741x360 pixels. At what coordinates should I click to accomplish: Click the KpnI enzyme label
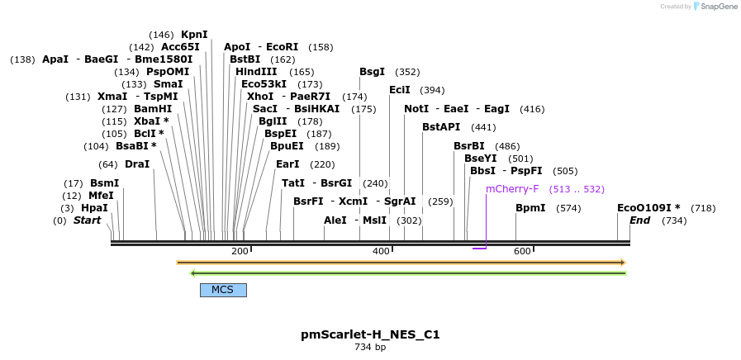click(x=194, y=35)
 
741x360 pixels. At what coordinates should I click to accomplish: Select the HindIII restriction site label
click(x=256, y=72)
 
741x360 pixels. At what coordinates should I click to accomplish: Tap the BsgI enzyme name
click(x=373, y=72)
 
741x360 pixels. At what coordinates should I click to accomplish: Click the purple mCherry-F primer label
click(x=512, y=189)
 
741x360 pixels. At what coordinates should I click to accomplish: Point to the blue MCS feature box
click(x=223, y=290)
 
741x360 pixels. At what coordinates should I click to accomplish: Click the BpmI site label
click(x=530, y=208)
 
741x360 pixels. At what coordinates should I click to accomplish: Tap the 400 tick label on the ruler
click(x=381, y=251)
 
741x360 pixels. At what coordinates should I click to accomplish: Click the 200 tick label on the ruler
click(x=240, y=251)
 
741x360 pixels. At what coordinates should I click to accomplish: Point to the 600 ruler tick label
click(x=522, y=251)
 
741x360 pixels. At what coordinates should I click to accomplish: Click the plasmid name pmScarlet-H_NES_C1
click(x=370, y=334)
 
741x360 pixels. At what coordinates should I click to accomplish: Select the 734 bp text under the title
click(x=370, y=348)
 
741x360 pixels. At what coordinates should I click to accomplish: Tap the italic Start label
click(x=87, y=220)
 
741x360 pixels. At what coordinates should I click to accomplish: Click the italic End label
click(x=639, y=220)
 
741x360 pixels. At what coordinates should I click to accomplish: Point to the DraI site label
click(x=137, y=164)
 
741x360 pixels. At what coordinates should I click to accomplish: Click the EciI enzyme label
click(x=400, y=90)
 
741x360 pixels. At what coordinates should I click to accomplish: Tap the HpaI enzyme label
click(x=94, y=208)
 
